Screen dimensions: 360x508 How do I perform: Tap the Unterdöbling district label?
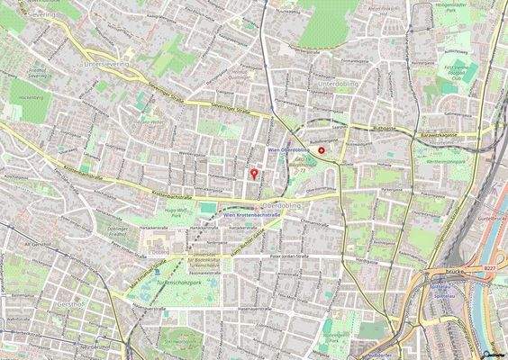click(x=338, y=83)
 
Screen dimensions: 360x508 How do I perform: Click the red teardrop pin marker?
click(x=253, y=173)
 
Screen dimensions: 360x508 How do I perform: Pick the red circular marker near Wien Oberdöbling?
click(x=322, y=152)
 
